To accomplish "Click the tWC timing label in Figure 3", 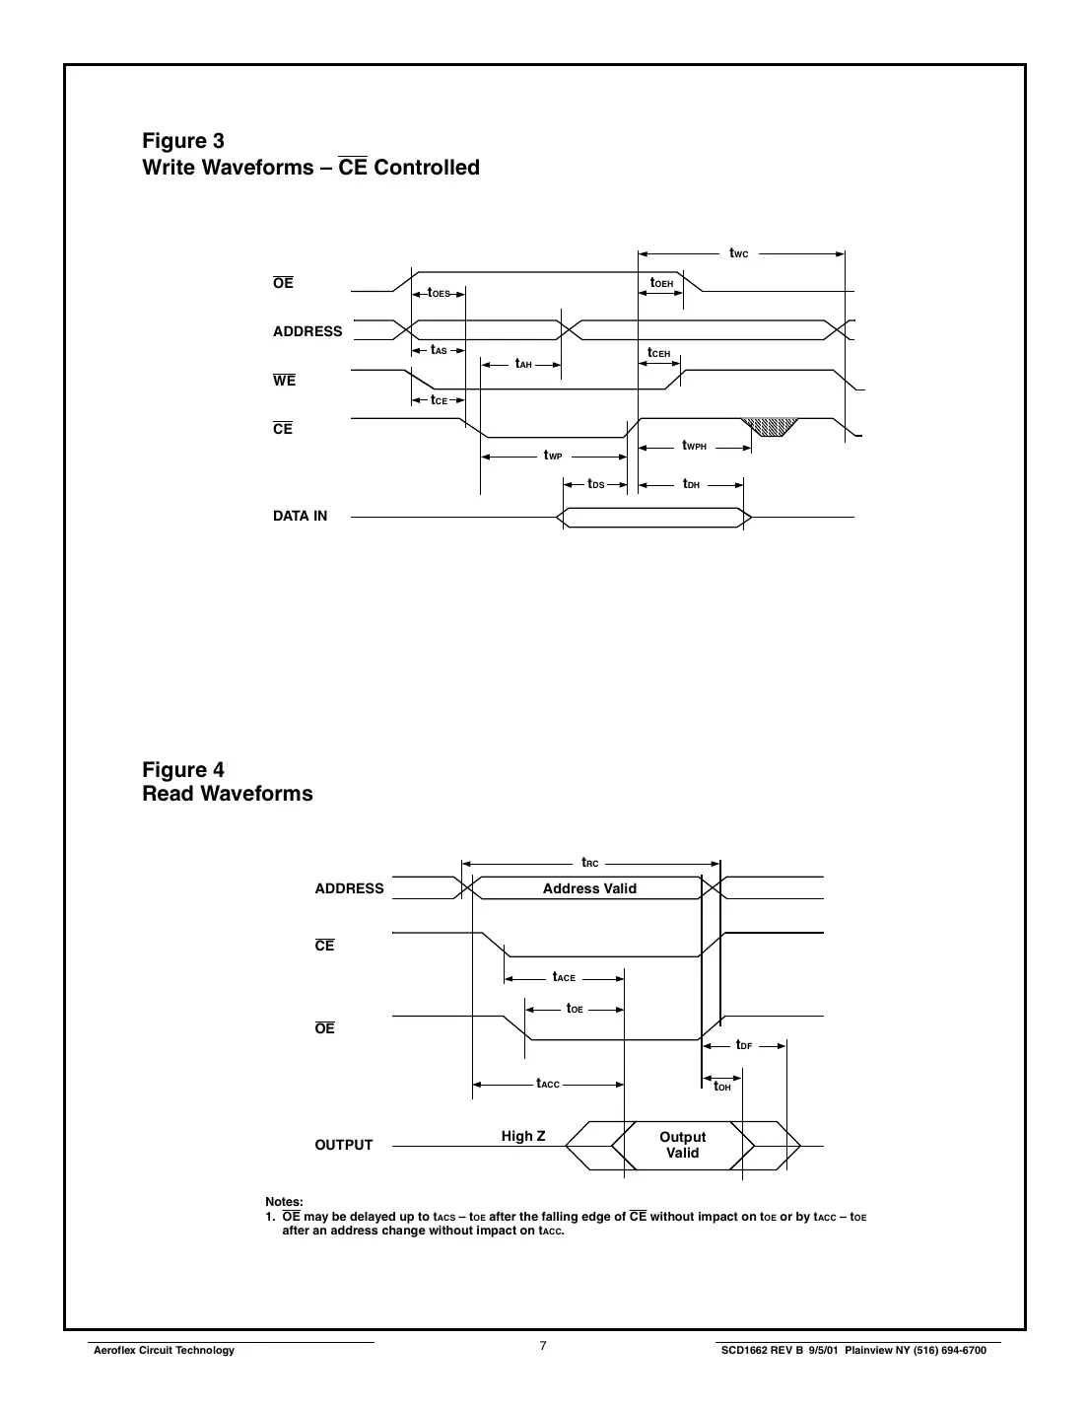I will [x=738, y=253].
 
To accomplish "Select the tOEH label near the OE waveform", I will [x=661, y=283].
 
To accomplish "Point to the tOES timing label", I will [x=439, y=293].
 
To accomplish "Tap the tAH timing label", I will [x=523, y=364].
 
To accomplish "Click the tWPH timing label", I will [x=694, y=446].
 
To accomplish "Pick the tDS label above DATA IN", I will [x=595, y=484].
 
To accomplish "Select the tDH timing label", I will [x=691, y=484].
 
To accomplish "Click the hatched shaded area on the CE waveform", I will [x=771, y=426].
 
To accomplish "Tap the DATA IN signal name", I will [x=300, y=516].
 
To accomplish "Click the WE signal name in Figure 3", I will [x=284, y=381].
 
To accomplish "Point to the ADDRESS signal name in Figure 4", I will [x=349, y=888].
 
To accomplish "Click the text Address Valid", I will [x=589, y=888].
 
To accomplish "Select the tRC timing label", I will [x=589, y=863].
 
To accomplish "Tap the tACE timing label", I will [x=564, y=977].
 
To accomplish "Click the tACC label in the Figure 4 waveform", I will [x=548, y=1084].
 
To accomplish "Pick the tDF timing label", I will [x=744, y=1045].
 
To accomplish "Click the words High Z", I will [x=522, y=1136].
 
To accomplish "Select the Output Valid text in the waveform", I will [x=682, y=1145].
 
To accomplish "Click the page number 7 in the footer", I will [x=543, y=1346].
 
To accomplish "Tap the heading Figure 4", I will [x=183, y=770].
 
